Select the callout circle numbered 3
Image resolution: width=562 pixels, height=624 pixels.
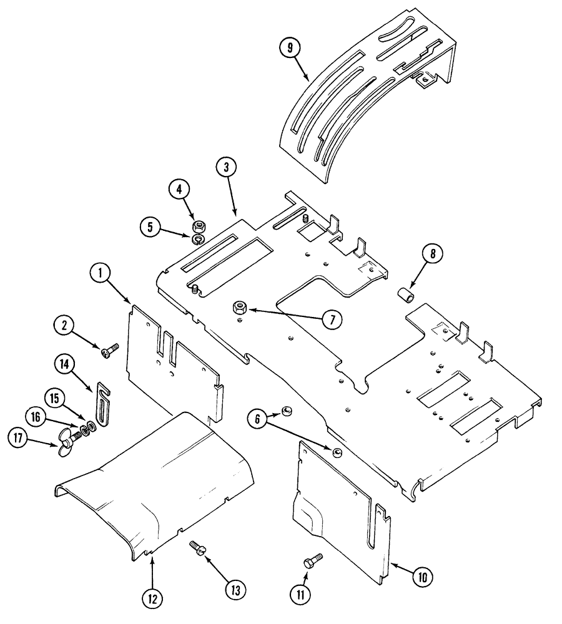[226, 168]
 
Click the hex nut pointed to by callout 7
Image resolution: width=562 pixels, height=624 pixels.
[239, 306]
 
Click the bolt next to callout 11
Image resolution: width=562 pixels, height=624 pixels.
[313, 560]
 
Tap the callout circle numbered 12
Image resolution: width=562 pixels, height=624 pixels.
[152, 597]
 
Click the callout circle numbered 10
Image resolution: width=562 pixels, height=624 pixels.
[423, 577]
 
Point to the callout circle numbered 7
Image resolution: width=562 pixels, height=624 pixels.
[332, 319]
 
